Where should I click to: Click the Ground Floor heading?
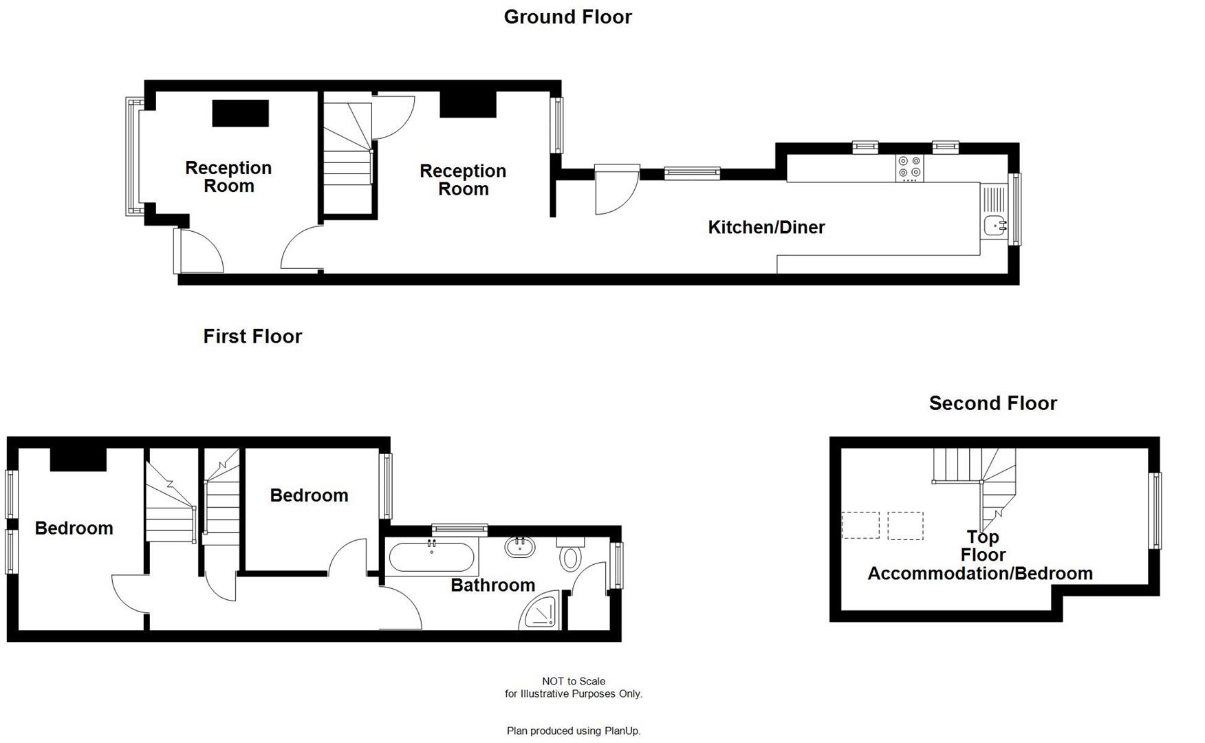(x=567, y=17)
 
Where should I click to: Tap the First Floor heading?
(x=252, y=336)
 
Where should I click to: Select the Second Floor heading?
(x=992, y=403)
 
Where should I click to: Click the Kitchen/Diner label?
(x=766, y=227)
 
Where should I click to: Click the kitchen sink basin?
(x=994, y=225)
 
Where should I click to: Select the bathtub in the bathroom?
(x=431, y=558)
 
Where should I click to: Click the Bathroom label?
(x=492, y=585)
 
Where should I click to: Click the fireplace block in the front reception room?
(x=240, y=114)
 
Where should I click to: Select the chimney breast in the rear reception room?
(x=468, y=104)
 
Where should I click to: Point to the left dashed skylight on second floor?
(x=860, y=526)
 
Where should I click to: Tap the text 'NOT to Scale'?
(x=573, y=681)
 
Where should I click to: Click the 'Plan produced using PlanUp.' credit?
(x=573, y=731)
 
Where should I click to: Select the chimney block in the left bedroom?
(x=78, y=460)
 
